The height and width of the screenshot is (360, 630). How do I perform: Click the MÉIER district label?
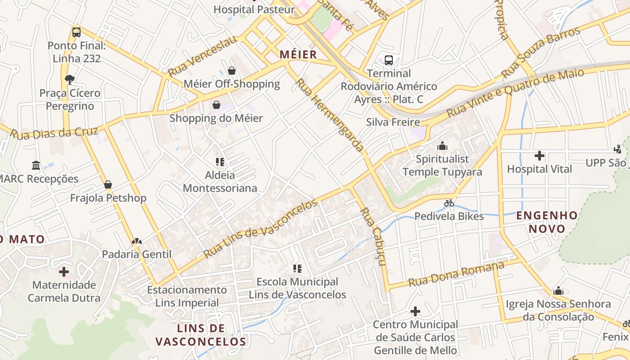(x=298, y=55)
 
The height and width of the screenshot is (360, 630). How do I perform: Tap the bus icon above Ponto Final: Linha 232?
(x=76, y=32)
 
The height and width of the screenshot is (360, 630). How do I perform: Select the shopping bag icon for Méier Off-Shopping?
(x=232, y=71)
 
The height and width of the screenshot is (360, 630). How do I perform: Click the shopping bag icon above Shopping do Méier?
(x=216, y=105)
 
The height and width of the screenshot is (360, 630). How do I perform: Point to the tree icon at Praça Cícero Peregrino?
(x=69, y=80)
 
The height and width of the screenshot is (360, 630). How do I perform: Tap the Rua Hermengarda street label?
(x=329, y=115)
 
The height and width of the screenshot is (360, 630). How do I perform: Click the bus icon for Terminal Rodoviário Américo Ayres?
(x=389, y=60)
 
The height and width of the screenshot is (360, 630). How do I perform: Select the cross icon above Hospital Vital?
(x=539, y=156)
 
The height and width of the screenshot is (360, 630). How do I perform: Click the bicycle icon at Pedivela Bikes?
(x=449, y=203)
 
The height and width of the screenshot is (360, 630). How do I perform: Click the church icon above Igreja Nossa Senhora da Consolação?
(x=558, y=291)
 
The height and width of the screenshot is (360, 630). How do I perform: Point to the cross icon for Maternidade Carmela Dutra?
(x=64, y=272)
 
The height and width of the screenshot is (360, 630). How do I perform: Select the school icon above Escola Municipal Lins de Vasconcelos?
(x=297, y=269)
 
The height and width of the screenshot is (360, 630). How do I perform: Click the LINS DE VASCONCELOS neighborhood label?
(x=201, y=335)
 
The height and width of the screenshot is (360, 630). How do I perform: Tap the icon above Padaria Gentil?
(x=137, y=241)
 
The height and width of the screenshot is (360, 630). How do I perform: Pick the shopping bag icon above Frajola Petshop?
(x=108, y=184)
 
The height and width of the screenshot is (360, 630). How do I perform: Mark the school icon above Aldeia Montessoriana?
(x=220, y=162)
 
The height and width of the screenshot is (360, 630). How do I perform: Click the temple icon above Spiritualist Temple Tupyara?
(x=442, y=146)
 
